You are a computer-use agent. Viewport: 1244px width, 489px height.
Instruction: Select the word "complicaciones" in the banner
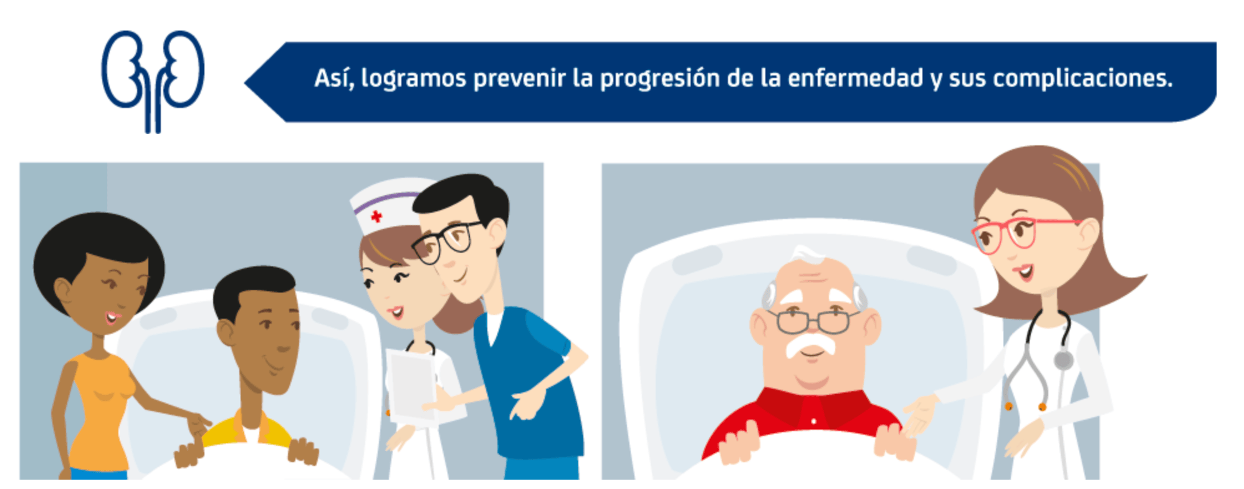[1083, 79]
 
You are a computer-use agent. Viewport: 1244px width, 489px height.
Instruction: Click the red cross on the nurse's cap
[376, 216]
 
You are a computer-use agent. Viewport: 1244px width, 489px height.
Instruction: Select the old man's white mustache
[811, 344]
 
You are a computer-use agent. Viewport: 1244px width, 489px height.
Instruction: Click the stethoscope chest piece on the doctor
[1063, 360]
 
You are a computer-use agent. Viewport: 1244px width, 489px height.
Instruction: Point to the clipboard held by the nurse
[411, 384]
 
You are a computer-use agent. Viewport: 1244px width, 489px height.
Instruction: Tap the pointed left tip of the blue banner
[245, 82]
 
